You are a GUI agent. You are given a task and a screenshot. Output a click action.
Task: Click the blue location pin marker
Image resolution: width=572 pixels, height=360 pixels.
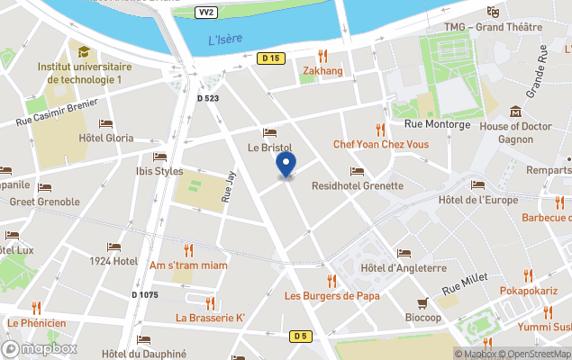click(x=286, y=166)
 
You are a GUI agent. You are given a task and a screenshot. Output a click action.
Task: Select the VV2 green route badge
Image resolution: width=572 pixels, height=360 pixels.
click(x=206, y=13)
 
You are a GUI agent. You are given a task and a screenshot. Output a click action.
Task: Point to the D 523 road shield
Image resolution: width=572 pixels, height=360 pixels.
click(x=208, y=97)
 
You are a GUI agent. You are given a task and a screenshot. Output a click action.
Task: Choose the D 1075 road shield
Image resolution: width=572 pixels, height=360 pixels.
click(x=145, y=294)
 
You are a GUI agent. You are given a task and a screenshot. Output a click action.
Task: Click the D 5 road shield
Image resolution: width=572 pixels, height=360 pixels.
click(x=300, y=336)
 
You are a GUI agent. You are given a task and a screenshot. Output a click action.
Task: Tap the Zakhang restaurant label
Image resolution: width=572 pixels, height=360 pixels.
click(x=322, y=70)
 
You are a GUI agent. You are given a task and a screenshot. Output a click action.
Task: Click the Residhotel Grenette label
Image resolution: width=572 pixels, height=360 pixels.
click(x=357, y=185)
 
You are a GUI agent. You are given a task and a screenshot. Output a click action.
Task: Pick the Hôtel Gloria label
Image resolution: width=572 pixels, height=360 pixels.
click(x=106, y=138)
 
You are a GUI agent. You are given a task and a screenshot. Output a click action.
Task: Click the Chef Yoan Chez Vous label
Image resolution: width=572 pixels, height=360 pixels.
click(x=381, y=143)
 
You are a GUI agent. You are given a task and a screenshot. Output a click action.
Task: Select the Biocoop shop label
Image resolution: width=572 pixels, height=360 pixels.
click(x=422, y=317)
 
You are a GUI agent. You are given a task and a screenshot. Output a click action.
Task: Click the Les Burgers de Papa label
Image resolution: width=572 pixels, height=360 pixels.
click(x=331, y=295)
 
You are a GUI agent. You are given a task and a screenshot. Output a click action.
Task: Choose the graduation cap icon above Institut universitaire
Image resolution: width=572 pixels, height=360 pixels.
click(x=84, y=52)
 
